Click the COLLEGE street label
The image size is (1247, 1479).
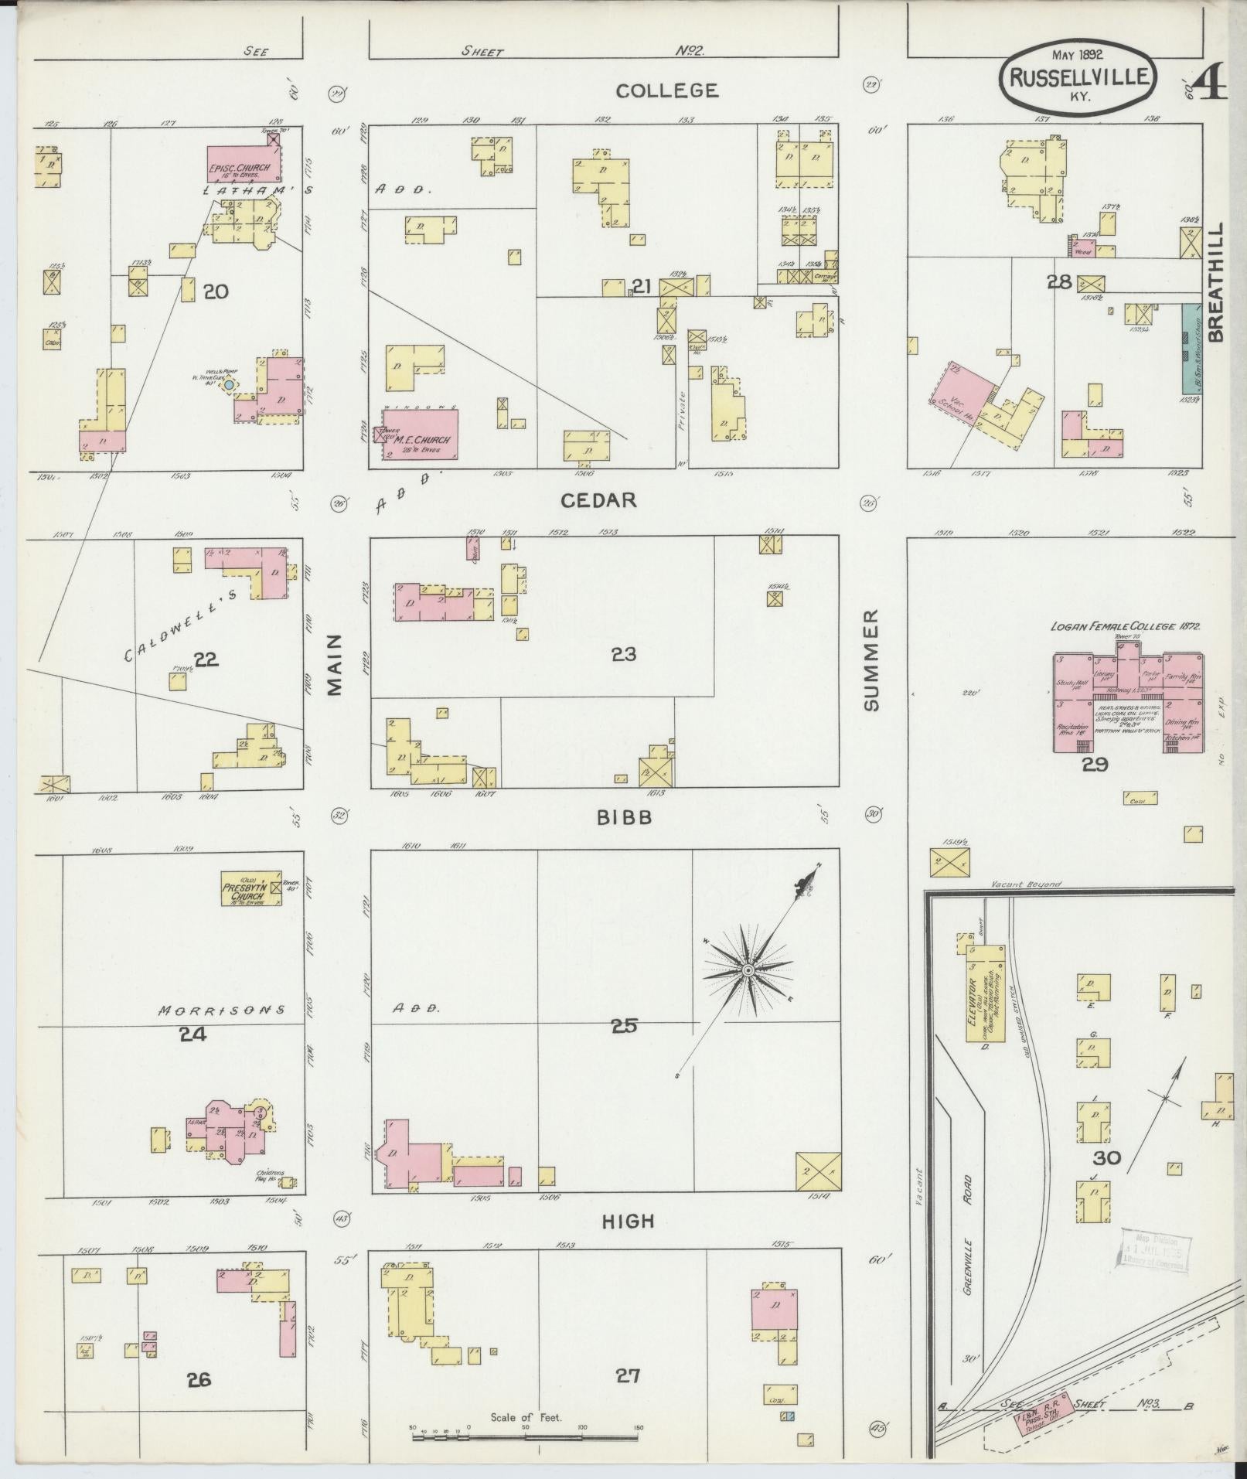(666, 90)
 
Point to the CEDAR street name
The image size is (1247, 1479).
(598, 500)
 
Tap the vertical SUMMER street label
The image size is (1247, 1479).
(871, 659)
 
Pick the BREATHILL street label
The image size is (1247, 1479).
(1217, 282)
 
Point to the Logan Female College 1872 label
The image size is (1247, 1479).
(1125, 626)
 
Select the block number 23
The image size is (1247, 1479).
(623, 655)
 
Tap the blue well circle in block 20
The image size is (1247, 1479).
(230, 384)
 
